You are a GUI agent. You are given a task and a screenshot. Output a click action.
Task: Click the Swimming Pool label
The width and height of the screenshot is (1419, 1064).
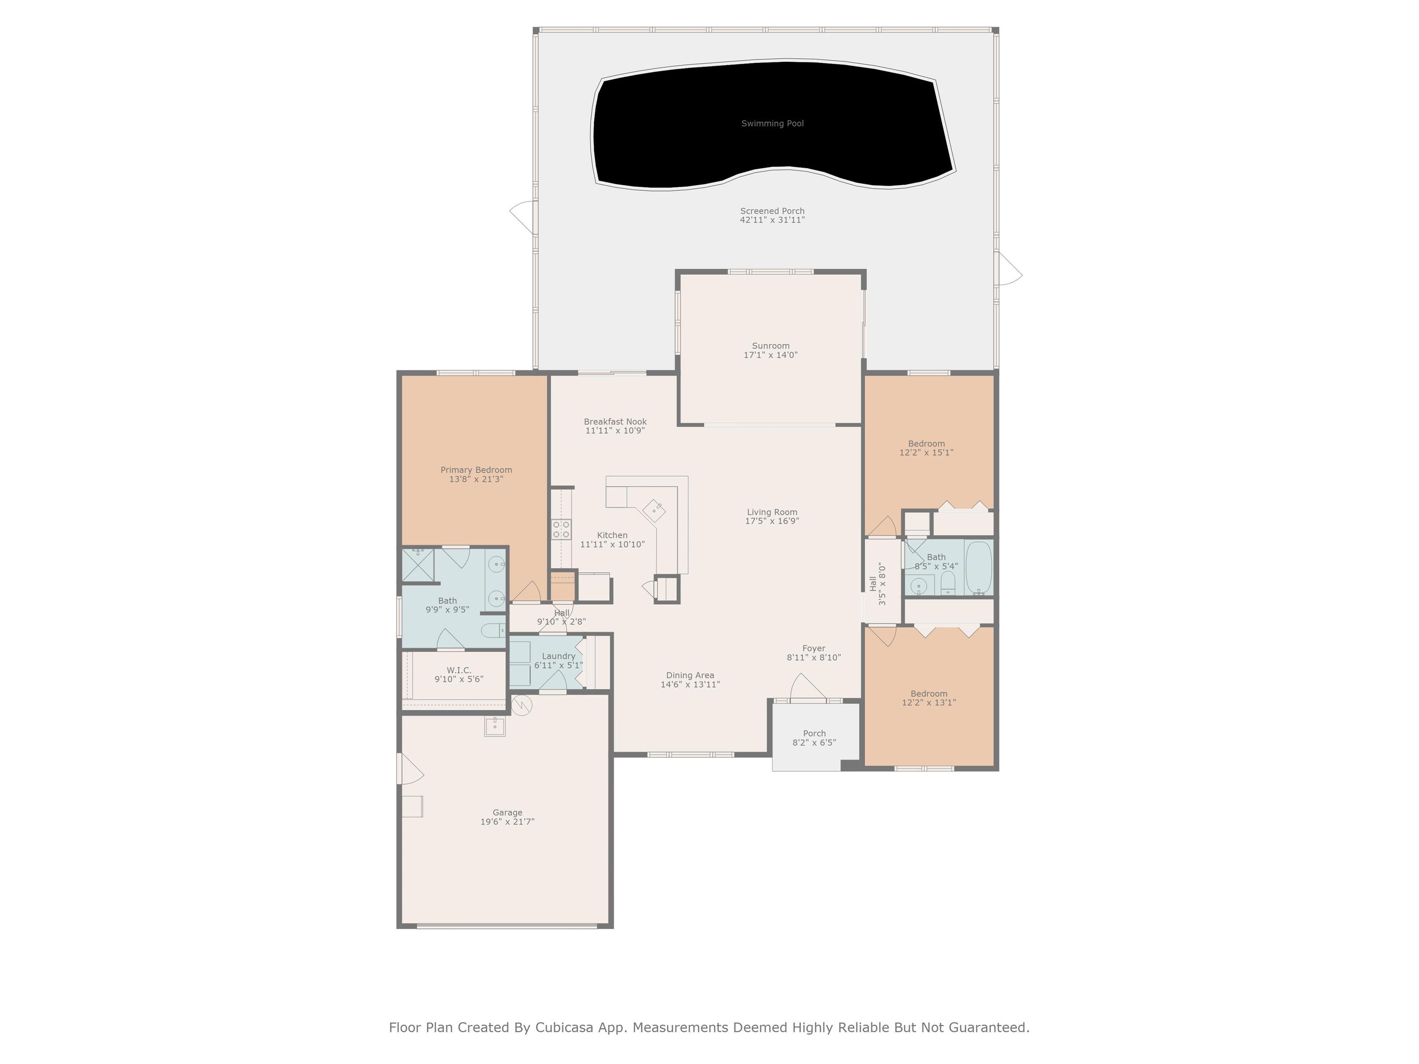(772, 124)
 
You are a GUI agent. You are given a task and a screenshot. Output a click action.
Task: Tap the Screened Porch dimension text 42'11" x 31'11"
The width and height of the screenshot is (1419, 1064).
(772, 220)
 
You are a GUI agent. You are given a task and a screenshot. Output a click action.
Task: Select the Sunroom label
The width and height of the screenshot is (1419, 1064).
(770, 346)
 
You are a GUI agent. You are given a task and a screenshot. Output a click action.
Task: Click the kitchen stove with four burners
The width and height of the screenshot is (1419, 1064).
(561, 529)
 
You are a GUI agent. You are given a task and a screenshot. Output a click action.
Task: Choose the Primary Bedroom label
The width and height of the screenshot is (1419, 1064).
(476, 470)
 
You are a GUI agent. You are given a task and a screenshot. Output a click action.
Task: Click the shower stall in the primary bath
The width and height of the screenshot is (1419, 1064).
(418, 564)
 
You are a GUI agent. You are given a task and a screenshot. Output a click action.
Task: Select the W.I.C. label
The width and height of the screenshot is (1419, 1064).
(459, 670)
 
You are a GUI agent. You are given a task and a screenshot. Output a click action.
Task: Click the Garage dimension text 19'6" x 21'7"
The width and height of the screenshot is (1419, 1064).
(508, 822)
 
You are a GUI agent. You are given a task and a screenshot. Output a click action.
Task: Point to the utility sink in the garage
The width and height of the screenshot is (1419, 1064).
(495, 726)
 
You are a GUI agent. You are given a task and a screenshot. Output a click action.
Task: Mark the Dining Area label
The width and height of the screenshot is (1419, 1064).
(690, 675)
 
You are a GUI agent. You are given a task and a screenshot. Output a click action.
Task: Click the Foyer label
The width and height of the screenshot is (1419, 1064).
(814, 648)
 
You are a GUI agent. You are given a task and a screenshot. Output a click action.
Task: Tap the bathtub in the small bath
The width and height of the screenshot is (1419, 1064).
(979, 568)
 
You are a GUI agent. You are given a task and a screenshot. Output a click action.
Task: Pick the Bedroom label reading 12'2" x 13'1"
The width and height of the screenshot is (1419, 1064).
(929, 698)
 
